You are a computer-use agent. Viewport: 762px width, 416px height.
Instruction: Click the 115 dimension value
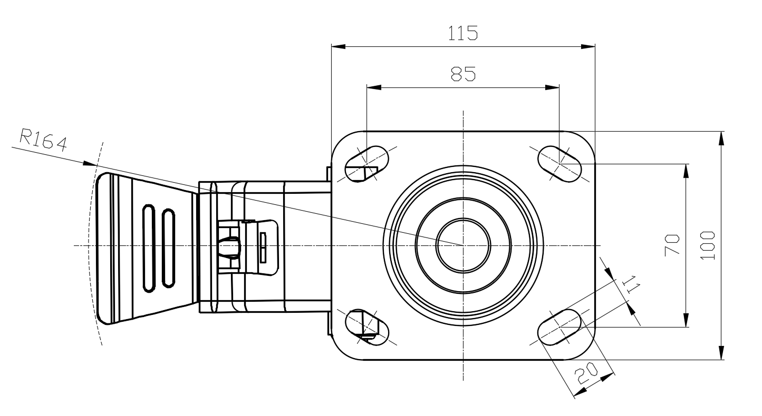pyautogui.click(x=463, y=33)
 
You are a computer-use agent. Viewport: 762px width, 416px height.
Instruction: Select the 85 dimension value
pyautogui.click(x=463, y=74)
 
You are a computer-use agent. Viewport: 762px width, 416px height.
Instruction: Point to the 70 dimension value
pyautogui.click(x=672, y=245)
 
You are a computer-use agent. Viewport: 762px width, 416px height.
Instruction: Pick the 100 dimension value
pyautogui.click(x=709, y=245)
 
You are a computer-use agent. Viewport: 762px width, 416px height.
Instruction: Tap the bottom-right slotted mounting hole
pyautogui.click(x=560, y=326)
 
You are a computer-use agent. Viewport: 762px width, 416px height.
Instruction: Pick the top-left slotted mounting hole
pyautogui.click(x=367, y=163)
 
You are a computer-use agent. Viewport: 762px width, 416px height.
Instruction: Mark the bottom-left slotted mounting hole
pyautogui.click(x=367, y=328)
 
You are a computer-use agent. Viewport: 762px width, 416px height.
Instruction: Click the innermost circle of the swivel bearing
pyautogui.click(x=463, y=245)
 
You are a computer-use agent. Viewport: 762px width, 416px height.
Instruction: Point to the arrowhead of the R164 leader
pyautogui.click(x=90, y=164)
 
